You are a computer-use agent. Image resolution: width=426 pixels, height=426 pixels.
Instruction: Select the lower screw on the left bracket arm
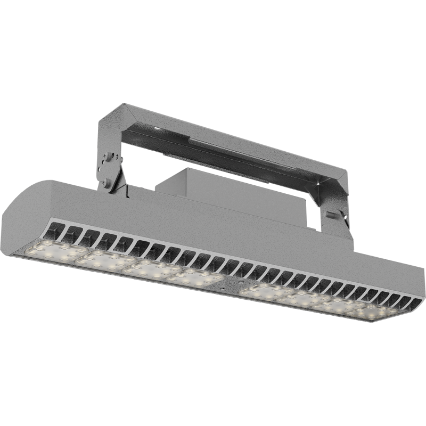(109, 182)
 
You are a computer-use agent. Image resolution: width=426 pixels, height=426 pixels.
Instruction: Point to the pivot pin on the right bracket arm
(330, 215)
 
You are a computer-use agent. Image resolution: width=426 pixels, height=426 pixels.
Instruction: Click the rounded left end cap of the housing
(21, 213)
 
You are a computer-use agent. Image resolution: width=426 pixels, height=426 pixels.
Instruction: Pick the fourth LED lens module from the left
(194, 277)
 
